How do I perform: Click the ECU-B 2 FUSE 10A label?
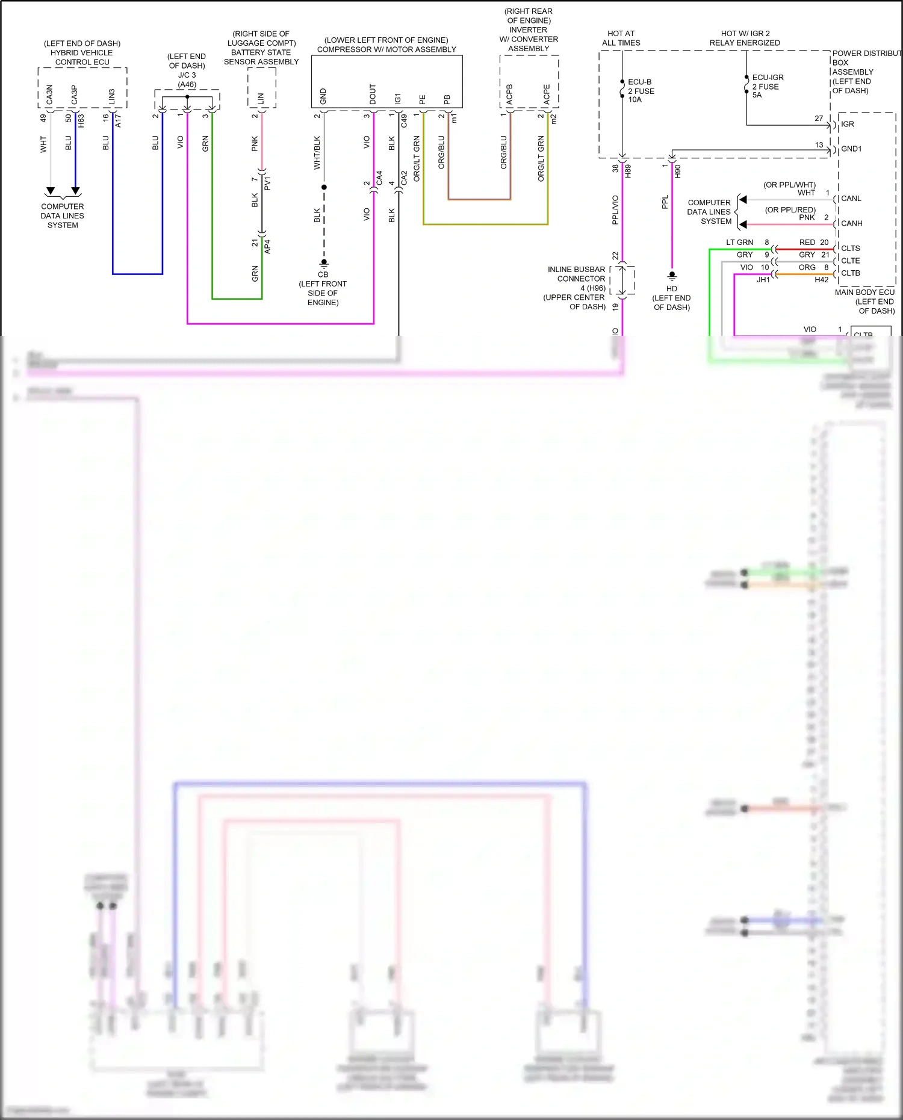pos(641,91)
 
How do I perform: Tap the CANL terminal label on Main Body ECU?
pos(851,199)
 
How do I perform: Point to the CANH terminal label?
pos(851,223)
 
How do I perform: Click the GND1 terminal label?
pos(851,149)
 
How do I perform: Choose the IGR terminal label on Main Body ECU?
pos(847,124)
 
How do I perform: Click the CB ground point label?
pos(323,274)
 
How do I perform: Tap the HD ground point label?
pos(672,289)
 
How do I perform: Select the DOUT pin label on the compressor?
pos(373,94)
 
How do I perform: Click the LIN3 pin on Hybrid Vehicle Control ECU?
pos(112,96)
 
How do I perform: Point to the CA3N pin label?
pos(49,94)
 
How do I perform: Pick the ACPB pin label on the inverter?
pos(510,94)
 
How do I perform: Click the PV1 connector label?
pos(267,183)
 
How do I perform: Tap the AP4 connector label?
pos(267,246)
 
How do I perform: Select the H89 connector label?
pos(628,171)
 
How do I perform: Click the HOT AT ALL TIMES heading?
pos(621,39)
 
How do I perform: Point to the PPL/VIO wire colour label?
pos(615,210)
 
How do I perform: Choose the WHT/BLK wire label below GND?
pos(317,153)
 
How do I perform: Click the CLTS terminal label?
pos(850,249)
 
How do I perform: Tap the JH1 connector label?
pos(763,280)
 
